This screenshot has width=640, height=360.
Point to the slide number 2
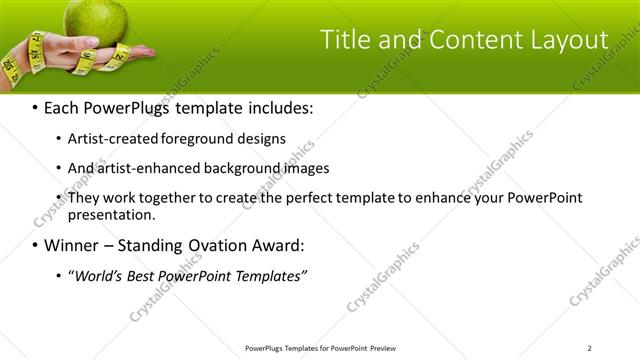(589, 348)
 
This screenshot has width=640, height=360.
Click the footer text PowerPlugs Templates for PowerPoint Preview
(320, 348)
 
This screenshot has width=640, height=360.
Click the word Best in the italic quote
(146, 275)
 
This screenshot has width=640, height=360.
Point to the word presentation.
(109, 214)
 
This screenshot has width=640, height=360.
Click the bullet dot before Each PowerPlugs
(36, 107)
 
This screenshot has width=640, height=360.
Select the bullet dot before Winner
(36, 245)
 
